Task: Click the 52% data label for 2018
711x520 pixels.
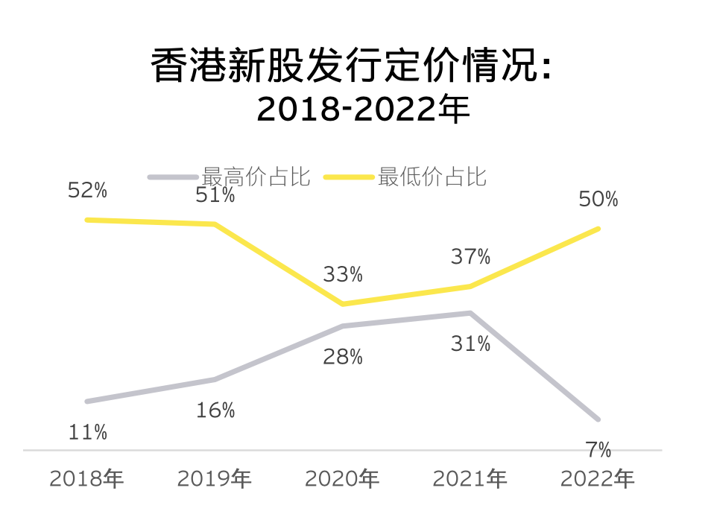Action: [87, 191]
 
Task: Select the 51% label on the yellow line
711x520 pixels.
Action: [215, 195]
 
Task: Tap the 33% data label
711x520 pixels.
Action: [343, 275]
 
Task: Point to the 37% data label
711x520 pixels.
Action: [470, 257]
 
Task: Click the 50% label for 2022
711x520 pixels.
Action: [598, 200]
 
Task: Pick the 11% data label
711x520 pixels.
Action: [87, 432]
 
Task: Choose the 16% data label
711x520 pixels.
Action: [215, 410]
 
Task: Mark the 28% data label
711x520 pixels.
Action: [343, 357]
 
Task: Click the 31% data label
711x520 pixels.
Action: [470, 343]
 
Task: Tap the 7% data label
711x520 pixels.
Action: [598, 450]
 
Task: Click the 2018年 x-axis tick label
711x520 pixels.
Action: [87, 478]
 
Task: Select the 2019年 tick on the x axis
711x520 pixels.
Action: [215, 478]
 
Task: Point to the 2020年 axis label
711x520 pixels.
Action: [343, 478]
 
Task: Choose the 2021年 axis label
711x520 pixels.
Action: [470, 478]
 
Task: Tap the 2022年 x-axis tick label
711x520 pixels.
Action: [598, 478]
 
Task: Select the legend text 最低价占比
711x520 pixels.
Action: [432, 177]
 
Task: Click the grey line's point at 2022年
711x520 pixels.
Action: [598, 419]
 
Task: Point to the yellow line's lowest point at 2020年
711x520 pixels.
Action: [343, 304]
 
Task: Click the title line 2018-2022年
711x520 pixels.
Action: [364, 110]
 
